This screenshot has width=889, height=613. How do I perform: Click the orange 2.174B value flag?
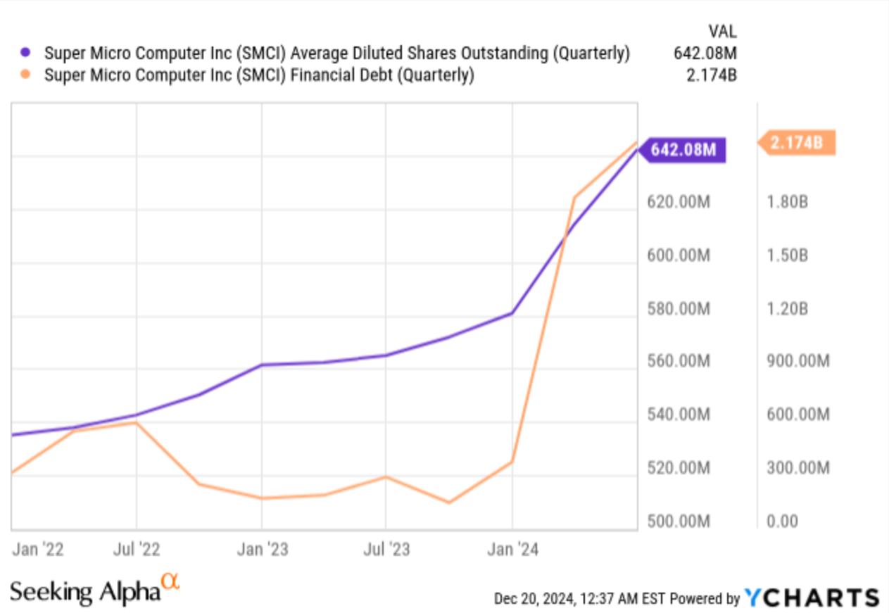(x=796, y=143)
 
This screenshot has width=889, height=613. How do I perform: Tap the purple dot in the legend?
(x=26, y=53)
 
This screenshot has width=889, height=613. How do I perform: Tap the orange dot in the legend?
(x=26, y=75)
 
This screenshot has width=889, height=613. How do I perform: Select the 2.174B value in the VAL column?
(x=711, y=75)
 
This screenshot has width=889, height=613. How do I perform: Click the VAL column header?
(x=721, y=31)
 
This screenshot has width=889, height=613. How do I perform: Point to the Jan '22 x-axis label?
(x=38, y=550)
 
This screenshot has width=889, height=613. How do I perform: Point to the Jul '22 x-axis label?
(x=136, y=550)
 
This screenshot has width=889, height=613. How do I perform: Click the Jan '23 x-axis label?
(x=262, y=550)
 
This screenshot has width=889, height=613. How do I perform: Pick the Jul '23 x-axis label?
(x=386, y=550)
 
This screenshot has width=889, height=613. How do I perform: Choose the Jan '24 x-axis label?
(x=512, y=550)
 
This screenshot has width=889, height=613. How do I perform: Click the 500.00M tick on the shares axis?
(x=679, y=522)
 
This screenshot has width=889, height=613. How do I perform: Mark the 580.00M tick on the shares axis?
(x=679, y=308)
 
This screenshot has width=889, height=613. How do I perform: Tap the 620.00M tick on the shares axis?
(x=679, y=202)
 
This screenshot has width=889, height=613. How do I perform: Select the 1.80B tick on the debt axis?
(x=787, y=202)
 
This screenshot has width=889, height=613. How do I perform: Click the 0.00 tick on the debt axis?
(x=782, y=522)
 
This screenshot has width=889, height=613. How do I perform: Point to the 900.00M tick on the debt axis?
(x=798, y=361)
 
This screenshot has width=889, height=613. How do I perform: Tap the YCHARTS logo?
(x=811, y=598)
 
